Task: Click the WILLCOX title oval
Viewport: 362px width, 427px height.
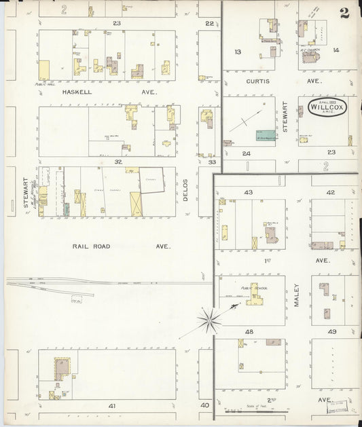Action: (327, 107)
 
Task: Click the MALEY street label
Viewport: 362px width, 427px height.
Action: (297, 296)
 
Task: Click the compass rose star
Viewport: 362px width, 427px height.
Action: (209, 320)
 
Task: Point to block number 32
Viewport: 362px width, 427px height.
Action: (117, 162)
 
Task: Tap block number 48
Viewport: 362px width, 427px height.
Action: (249, 332)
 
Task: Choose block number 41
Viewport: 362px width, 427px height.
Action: (112, 405)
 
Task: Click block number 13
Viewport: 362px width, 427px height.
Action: (238, 52)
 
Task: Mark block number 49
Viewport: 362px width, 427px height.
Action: (332, 332)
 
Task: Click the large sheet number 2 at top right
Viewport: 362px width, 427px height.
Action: (345, 12)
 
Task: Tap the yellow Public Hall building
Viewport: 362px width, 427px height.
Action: (44, 70)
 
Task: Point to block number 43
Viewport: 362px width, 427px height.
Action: (248, 192)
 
